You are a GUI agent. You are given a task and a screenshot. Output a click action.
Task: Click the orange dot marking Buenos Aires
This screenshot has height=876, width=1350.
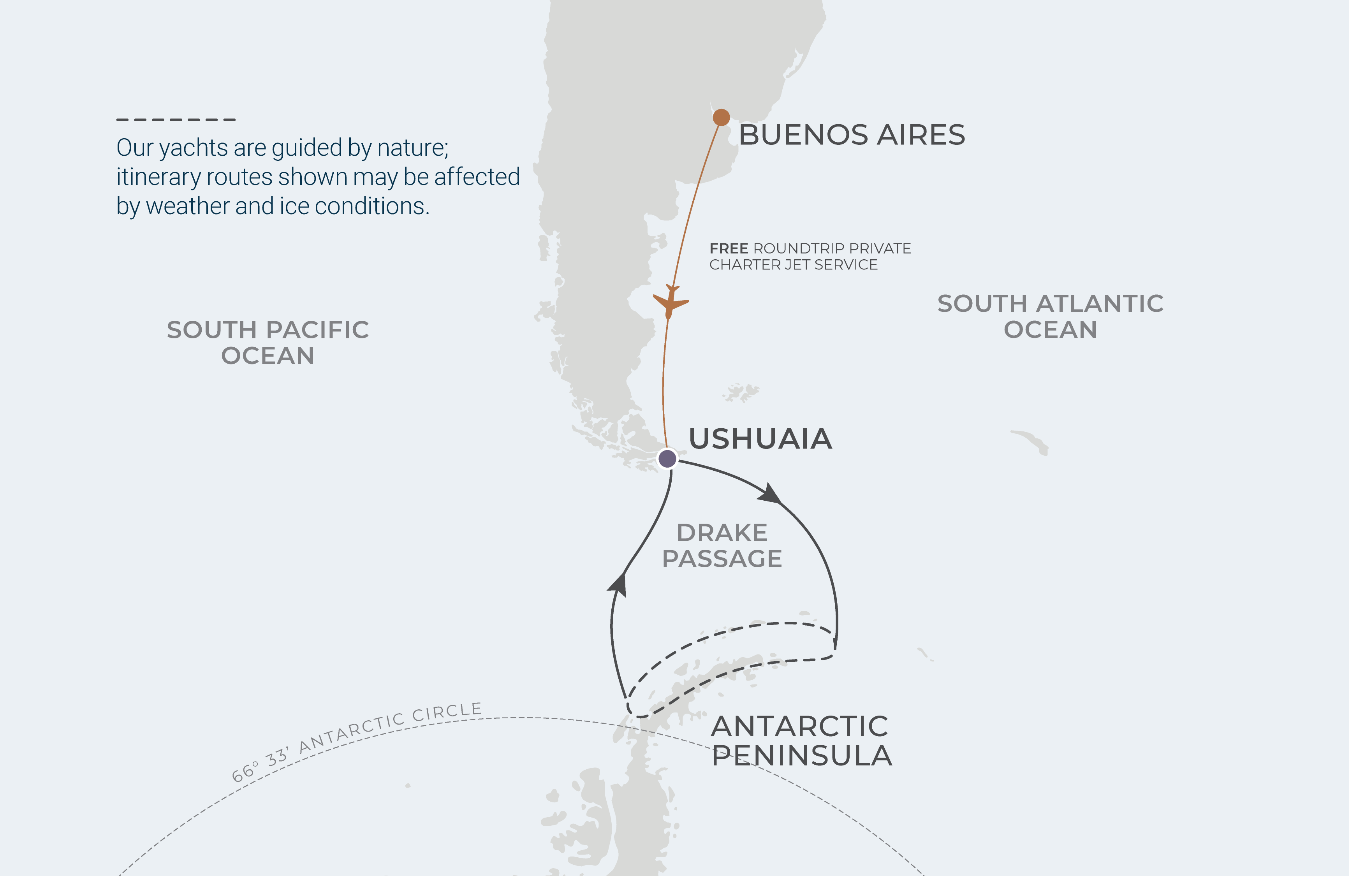(x=721, y=117)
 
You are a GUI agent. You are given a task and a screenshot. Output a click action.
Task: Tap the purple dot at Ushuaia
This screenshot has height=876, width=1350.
(x=667, y=458)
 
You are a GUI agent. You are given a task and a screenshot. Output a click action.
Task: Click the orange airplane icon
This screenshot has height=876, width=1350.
(x=671, y=302)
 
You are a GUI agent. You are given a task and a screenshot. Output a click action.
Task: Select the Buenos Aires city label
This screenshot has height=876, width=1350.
(x=852, y=135)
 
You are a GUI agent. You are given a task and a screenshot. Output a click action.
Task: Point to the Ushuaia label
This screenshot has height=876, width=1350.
(x=760, y=439)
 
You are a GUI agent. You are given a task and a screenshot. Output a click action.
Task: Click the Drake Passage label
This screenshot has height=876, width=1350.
(x=722, y=545)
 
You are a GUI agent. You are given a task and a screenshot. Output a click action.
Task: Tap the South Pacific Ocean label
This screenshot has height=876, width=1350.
(x=268, y=343)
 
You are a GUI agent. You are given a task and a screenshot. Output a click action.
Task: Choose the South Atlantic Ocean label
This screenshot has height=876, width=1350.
(x=1050, y=317)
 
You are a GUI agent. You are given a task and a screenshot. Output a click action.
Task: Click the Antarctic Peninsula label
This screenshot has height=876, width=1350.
(x=801, y=741)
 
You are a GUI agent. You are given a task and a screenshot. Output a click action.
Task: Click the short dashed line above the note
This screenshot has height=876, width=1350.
(x=176, y=120)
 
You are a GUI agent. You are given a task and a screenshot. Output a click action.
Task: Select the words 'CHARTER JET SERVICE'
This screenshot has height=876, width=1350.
(x=793, y=265)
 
